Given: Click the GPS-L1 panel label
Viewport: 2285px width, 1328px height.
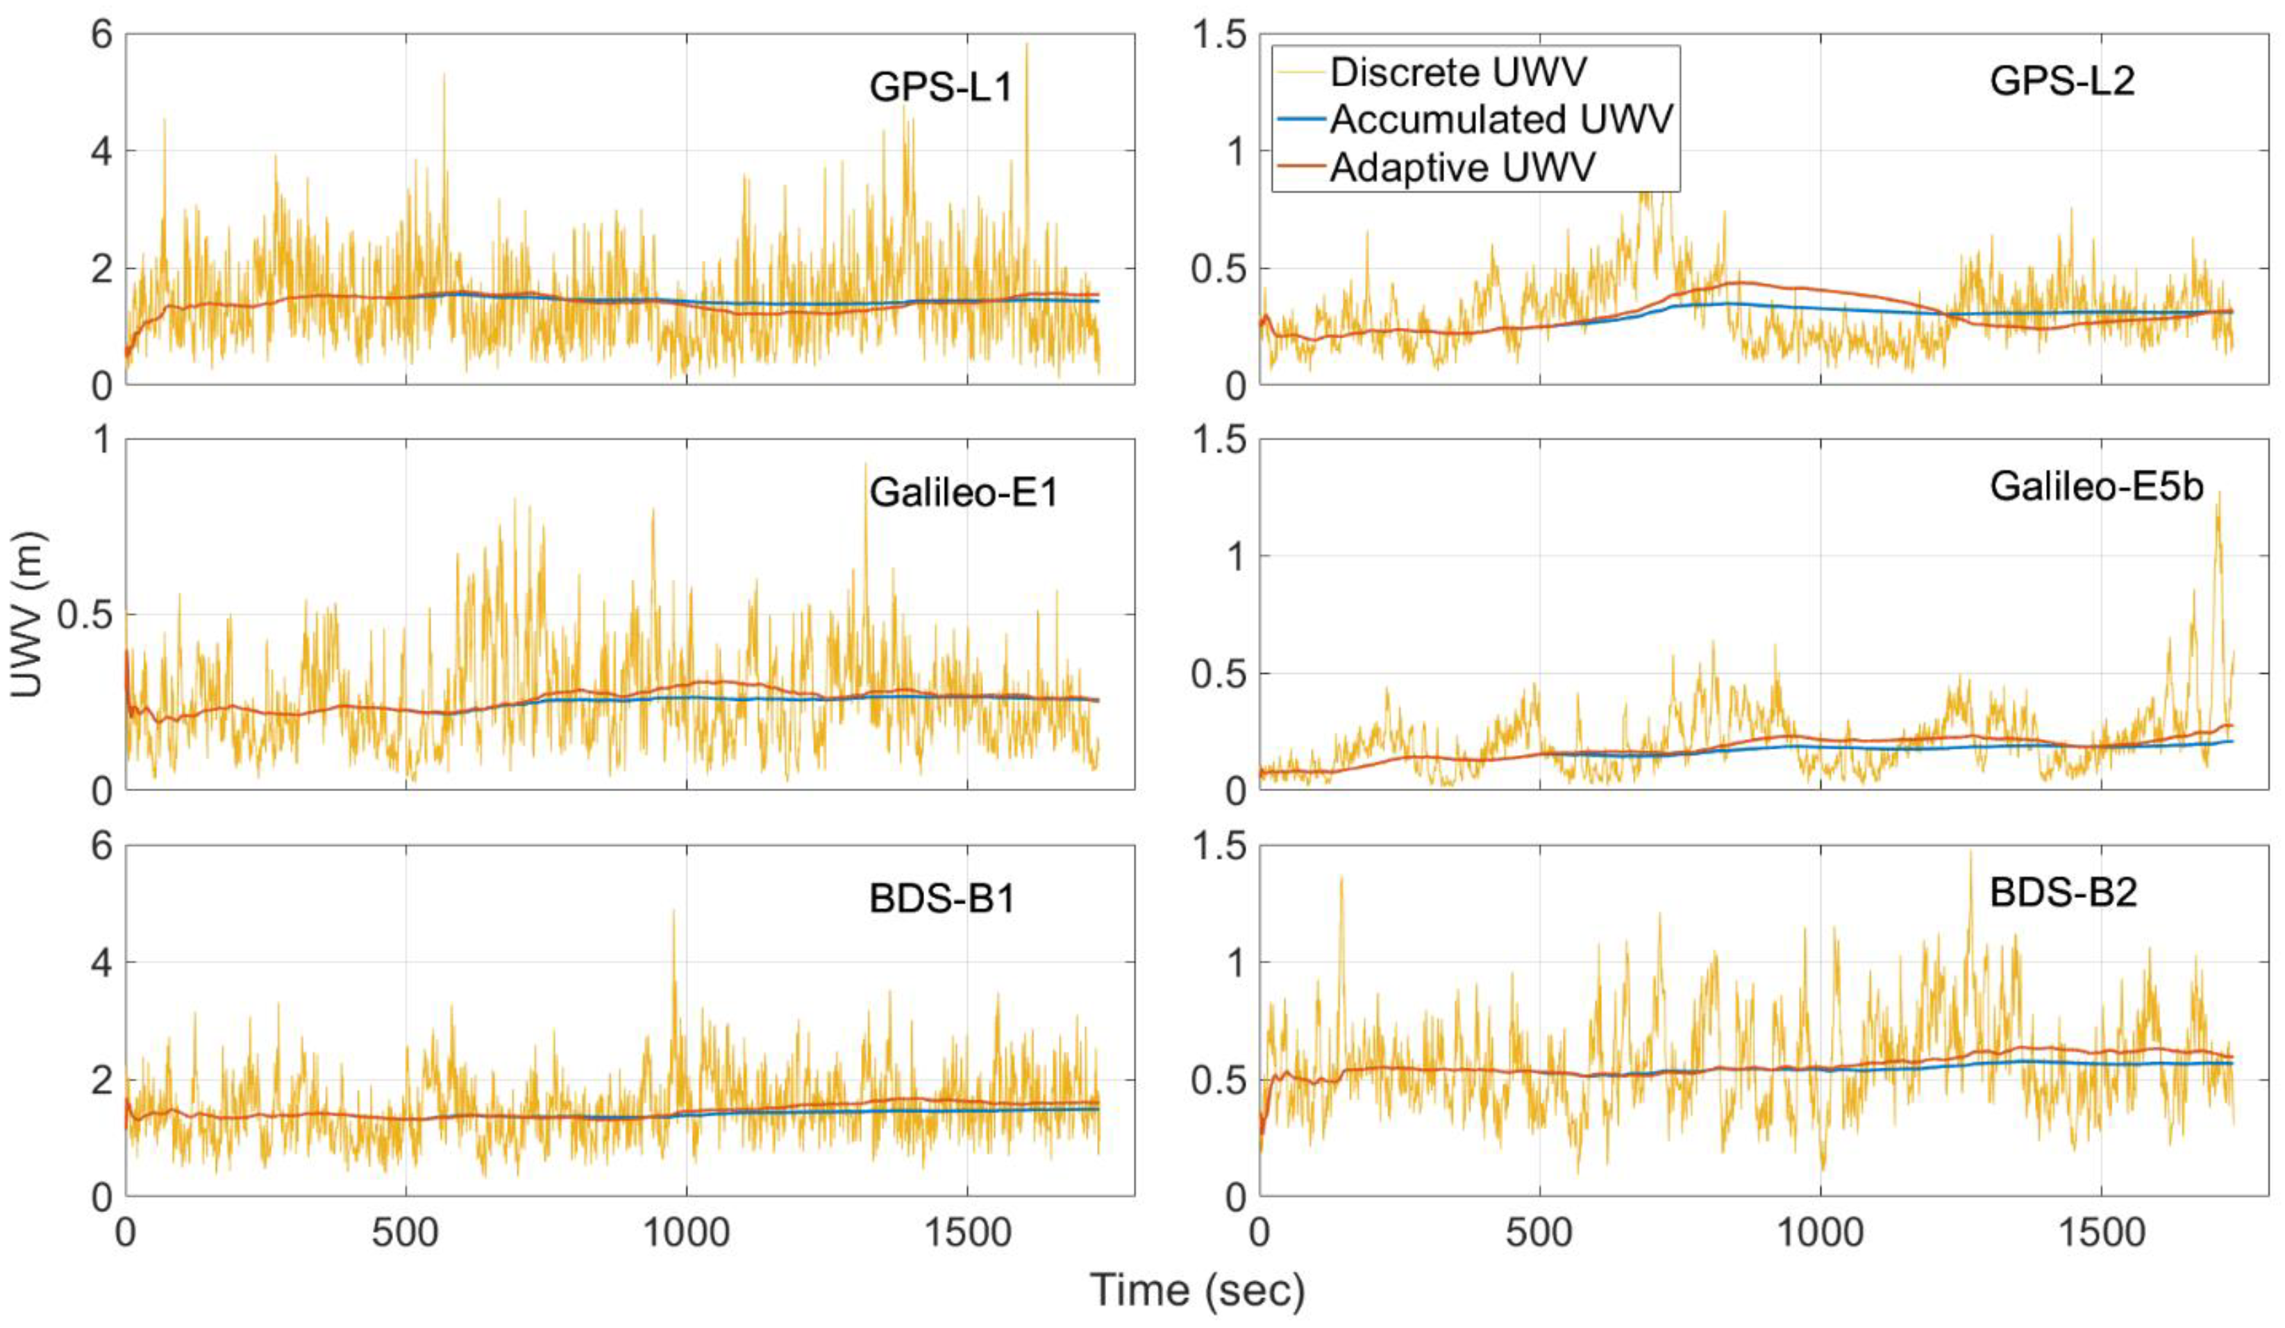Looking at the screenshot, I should coord(940,88).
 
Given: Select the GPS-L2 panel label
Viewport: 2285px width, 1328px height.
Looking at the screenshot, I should coord(2061,82).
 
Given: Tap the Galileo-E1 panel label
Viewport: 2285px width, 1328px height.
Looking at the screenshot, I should coord(963,492).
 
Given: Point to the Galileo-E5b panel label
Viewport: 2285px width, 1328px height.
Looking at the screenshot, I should coord(2095,487).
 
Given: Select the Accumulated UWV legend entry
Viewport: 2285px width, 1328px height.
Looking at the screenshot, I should coord(1500,119).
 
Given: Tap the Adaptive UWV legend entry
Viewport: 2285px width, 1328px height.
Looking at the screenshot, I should coord(1462,168).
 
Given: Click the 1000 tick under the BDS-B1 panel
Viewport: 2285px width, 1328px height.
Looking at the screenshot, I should coord(687,1234).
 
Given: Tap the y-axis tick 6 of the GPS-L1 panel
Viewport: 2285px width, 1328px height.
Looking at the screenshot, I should coord(101,36).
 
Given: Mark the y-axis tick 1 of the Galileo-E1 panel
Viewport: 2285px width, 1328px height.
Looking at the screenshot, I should coord(101,441).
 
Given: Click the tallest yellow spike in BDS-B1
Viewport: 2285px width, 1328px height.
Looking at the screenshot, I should coord(673,913).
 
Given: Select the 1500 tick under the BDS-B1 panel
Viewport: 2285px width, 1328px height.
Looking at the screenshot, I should coord(966,1234).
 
